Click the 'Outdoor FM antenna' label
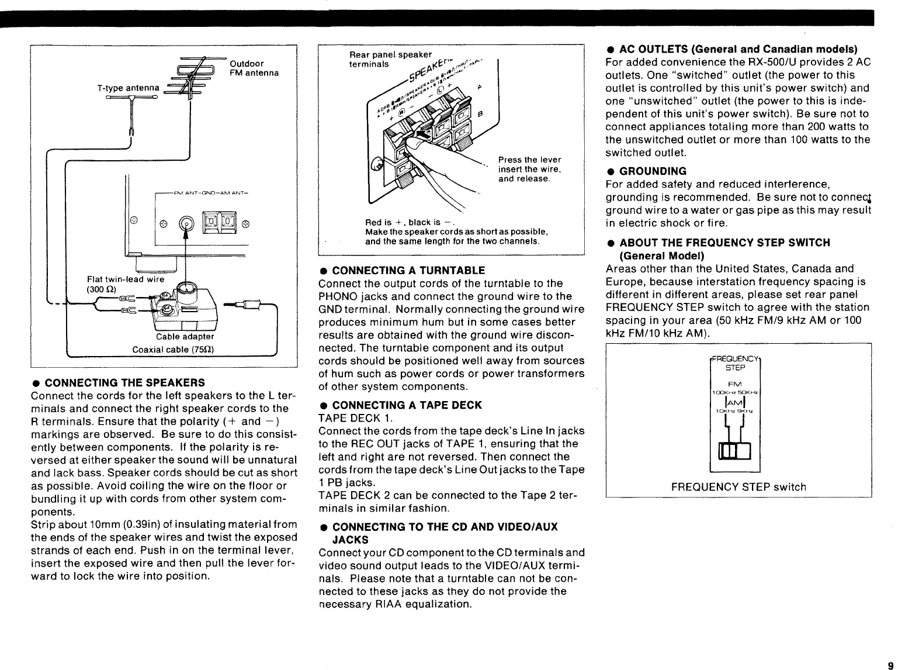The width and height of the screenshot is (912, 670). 254,68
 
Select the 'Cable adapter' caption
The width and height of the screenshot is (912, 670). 185,337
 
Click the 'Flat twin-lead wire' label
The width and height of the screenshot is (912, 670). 126,279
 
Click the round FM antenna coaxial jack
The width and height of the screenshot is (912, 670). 186,223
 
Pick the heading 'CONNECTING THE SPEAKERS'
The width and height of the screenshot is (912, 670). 124,383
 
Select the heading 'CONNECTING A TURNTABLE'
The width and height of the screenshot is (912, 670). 408,271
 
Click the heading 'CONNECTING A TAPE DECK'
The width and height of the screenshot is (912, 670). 407,405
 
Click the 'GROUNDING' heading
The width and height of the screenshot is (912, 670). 653,171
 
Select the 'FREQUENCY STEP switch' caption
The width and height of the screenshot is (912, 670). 738,487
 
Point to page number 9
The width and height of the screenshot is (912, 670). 890,665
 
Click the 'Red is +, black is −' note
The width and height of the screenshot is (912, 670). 407,223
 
